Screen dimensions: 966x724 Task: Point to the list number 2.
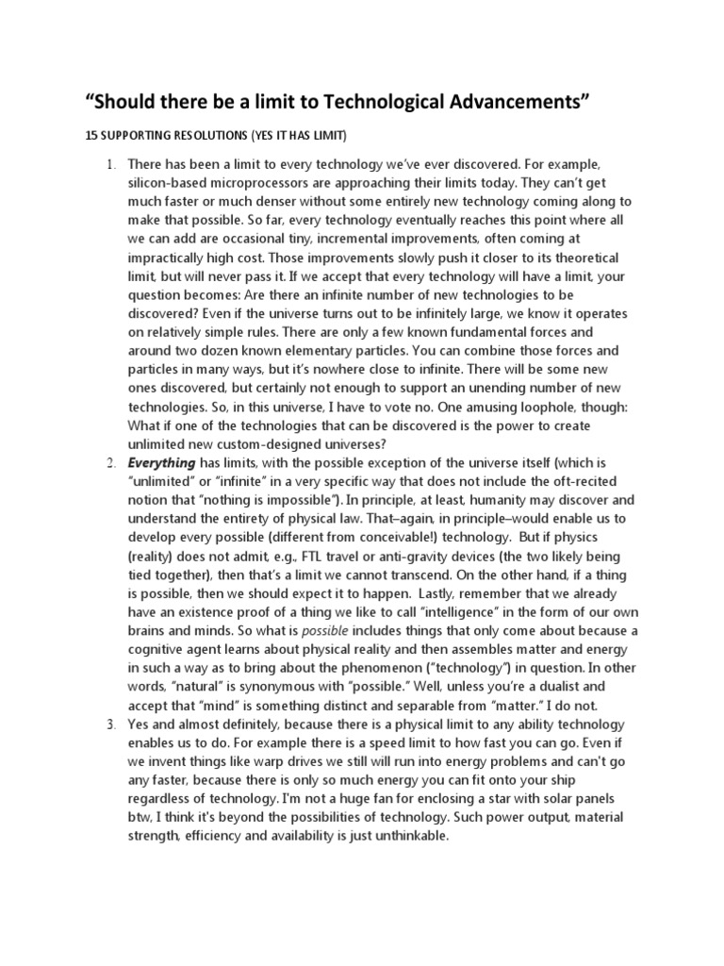(x=109, y=463)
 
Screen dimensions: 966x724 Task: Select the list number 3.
(x=109, y=725)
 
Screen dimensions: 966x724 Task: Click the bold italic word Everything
(x=161, y=463)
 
